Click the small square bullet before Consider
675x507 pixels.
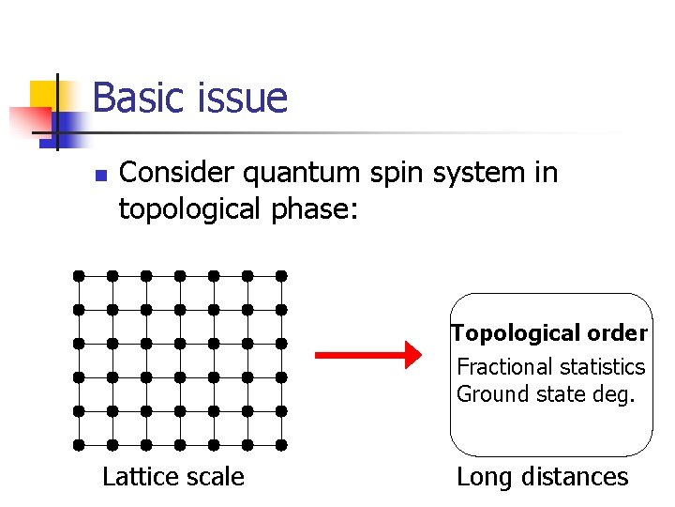pyautogui.click(x=99, y=176)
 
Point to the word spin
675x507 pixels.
pyautogui.click(x=395, y=174)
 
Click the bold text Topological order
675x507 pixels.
pyautogui.click(x=549, y=333)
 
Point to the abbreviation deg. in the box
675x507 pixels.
pyautogui.click(x=615, y=394)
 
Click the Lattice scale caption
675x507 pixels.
pyautogui.click(x=172, y=477)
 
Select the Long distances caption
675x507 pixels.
pyautogui.click(x=542, y=477)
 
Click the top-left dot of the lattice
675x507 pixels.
pyautogui.click(x=79, y=276)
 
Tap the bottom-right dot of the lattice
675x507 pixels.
pyautogui.click(x=281, y=445)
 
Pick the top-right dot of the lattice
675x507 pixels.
pyautogui.click(x=281, y=276)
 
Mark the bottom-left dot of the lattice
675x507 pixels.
pyautogui.click(x=79, y=445)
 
